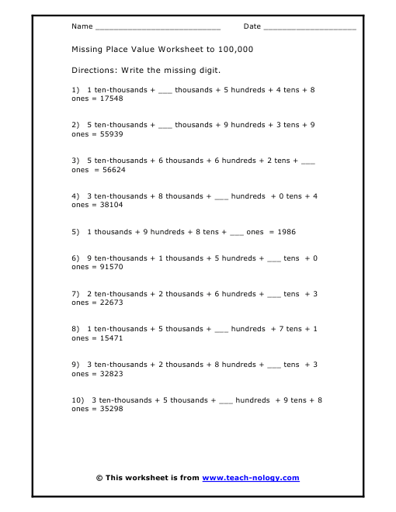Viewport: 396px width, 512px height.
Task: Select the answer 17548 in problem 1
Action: pos(108,99)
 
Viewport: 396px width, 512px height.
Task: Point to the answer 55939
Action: pos(108,133)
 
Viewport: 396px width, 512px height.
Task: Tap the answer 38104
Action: pos(108,205)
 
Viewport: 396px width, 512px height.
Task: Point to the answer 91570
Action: pos(108,267)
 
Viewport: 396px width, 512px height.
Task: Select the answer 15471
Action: pos(108,338)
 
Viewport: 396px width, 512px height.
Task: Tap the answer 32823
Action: pos(108,374)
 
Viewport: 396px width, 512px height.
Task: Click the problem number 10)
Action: pos(78,400)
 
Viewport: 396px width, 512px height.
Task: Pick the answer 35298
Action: pos(108,409)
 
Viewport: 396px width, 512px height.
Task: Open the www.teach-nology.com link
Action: pos(250,478)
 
